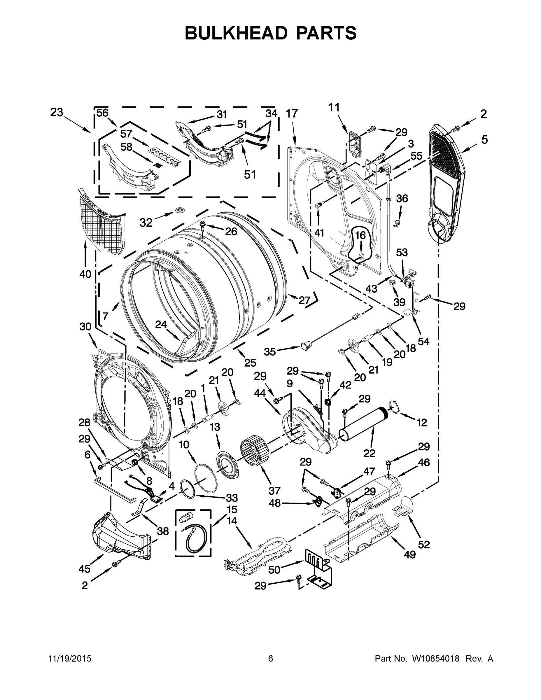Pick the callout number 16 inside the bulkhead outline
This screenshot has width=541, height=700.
pyautogui.click(x=360, y=235)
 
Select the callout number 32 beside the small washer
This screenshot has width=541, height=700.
pyautogui.click(x=146, y=223)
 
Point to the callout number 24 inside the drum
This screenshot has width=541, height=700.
pyautogui.click(x=161, y=325)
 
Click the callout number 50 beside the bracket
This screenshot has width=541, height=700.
pyautogui.click(x=274, y=570)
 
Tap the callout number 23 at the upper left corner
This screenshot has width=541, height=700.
pyautogui.click(x=56, y=113)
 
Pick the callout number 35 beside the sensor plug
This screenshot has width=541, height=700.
pyautogui.click(x=269, y=351)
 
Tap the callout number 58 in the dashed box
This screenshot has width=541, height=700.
pyautogui.click(x=126, y=147)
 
